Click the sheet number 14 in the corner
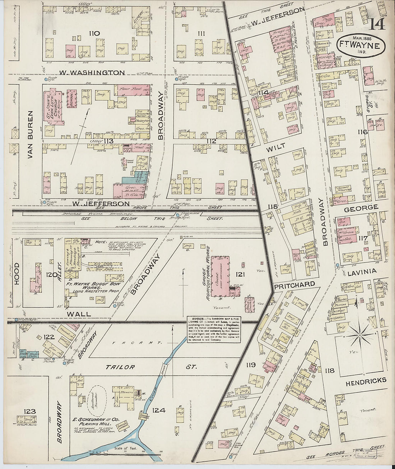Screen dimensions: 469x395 [x=377, y=24]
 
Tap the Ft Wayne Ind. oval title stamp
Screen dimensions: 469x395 [x=361, y=46]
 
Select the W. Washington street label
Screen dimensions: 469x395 [x=92, y=73]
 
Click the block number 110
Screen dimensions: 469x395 [x=94, y=33]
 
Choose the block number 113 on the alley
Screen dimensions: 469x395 [x=108, y=141]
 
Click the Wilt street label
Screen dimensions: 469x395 [x=276, y=146]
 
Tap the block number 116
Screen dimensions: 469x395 [x=363, y=132]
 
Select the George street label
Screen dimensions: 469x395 [x=361, y=208]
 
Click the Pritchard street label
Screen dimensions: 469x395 [x=294, y=284]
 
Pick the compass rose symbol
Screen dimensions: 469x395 [x=360, y=335]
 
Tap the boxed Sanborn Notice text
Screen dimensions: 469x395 [x=213, y=330]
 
